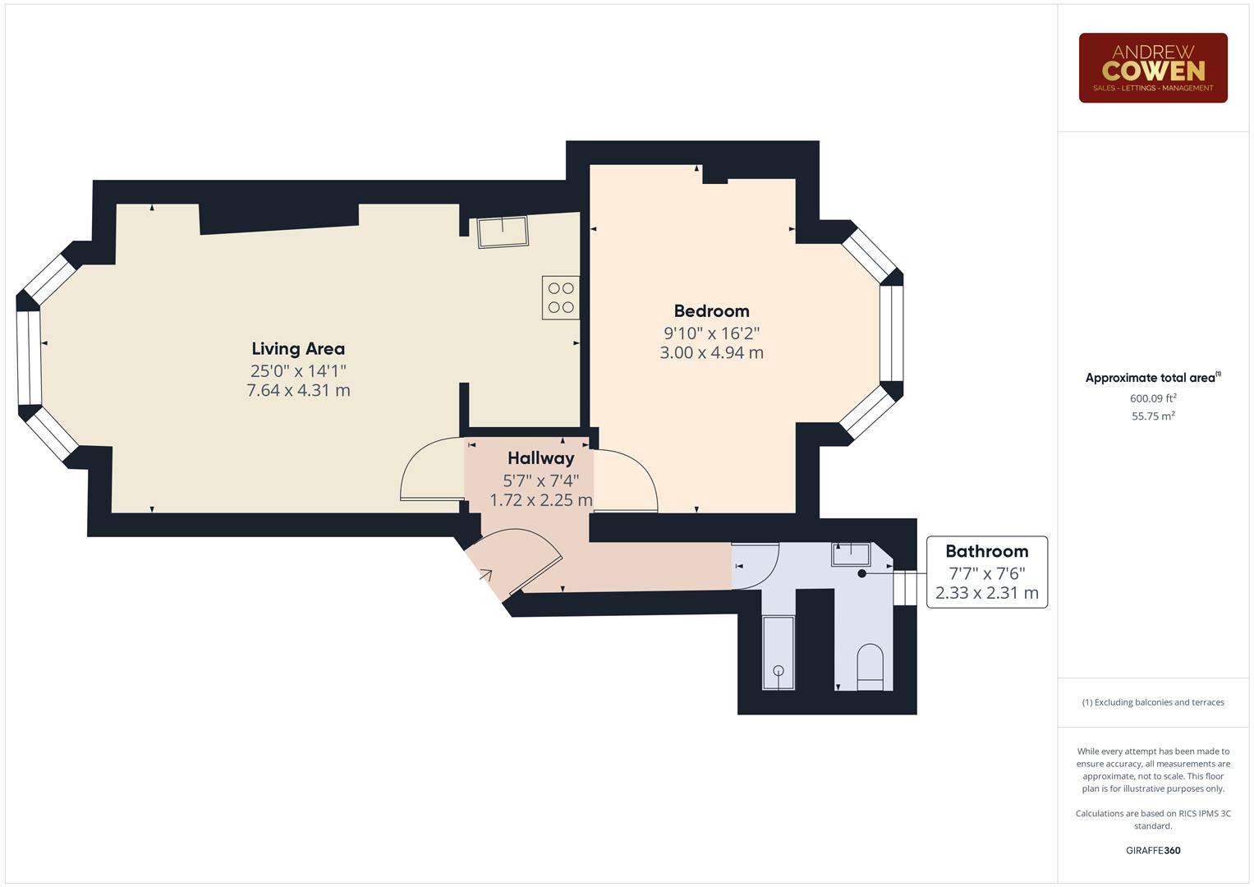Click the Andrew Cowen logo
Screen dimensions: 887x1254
[1152, 67]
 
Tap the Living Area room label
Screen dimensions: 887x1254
[298, 349]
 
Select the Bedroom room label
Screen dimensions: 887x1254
[711, 311]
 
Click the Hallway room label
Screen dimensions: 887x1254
[540, 458]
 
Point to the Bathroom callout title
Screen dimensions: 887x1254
[986, 552]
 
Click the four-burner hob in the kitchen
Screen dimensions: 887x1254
[561, 297]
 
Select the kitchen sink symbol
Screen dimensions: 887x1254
[503, 232]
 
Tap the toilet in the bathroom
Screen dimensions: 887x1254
[870, 667]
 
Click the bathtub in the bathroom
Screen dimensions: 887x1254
[778, 652]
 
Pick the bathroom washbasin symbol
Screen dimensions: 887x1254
[852, 554]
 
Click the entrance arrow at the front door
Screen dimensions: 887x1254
[486, 575]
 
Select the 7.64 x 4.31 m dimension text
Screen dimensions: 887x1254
[298, 391]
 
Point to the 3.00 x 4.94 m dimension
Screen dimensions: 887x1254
[711, 353]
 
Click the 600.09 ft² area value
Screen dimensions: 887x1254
[1152, 398]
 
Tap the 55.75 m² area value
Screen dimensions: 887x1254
[1152, 416]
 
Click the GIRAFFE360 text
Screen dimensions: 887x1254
[1152, 850]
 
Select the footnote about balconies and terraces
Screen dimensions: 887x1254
[1152, 702]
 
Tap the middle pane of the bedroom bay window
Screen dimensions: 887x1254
[891, 333]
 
